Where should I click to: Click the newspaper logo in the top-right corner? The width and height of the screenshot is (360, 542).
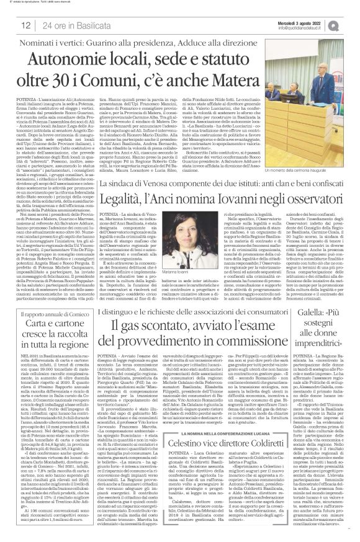pos(350,24)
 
